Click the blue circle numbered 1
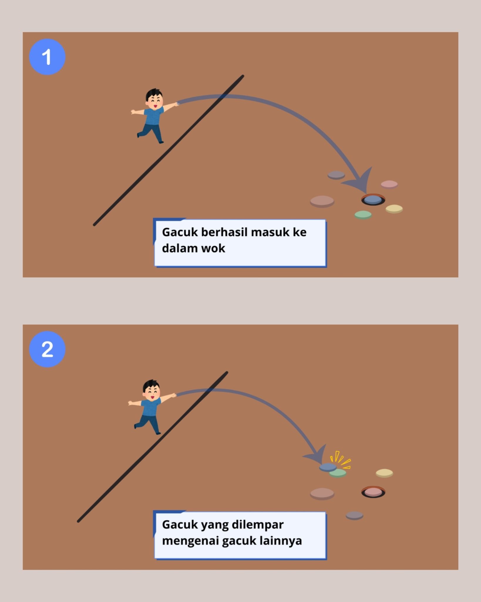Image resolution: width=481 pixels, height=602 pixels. tap(47, 57)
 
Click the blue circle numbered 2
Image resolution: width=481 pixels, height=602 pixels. tap(47, 349)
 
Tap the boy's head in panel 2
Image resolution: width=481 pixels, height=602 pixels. tap(152, 390)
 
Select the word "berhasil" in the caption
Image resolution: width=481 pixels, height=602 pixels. tap(224, 232)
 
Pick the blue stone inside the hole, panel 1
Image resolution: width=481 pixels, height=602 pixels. tap(373, 200)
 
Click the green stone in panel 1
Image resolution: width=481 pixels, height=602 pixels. tap(363, 215)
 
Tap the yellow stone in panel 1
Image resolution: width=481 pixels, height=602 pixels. tap(394, 209)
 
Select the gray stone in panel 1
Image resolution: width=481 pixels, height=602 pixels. tap(336, 175)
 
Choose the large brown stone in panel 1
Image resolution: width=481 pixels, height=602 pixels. tap(322, 201)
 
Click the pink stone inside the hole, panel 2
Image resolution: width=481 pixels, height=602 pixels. tap(373, 492)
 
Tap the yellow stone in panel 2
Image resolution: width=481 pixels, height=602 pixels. tap(384, 473)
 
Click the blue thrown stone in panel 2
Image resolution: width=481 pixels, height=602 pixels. tap(328, 467)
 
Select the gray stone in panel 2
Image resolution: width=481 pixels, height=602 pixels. tap(354, 516)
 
